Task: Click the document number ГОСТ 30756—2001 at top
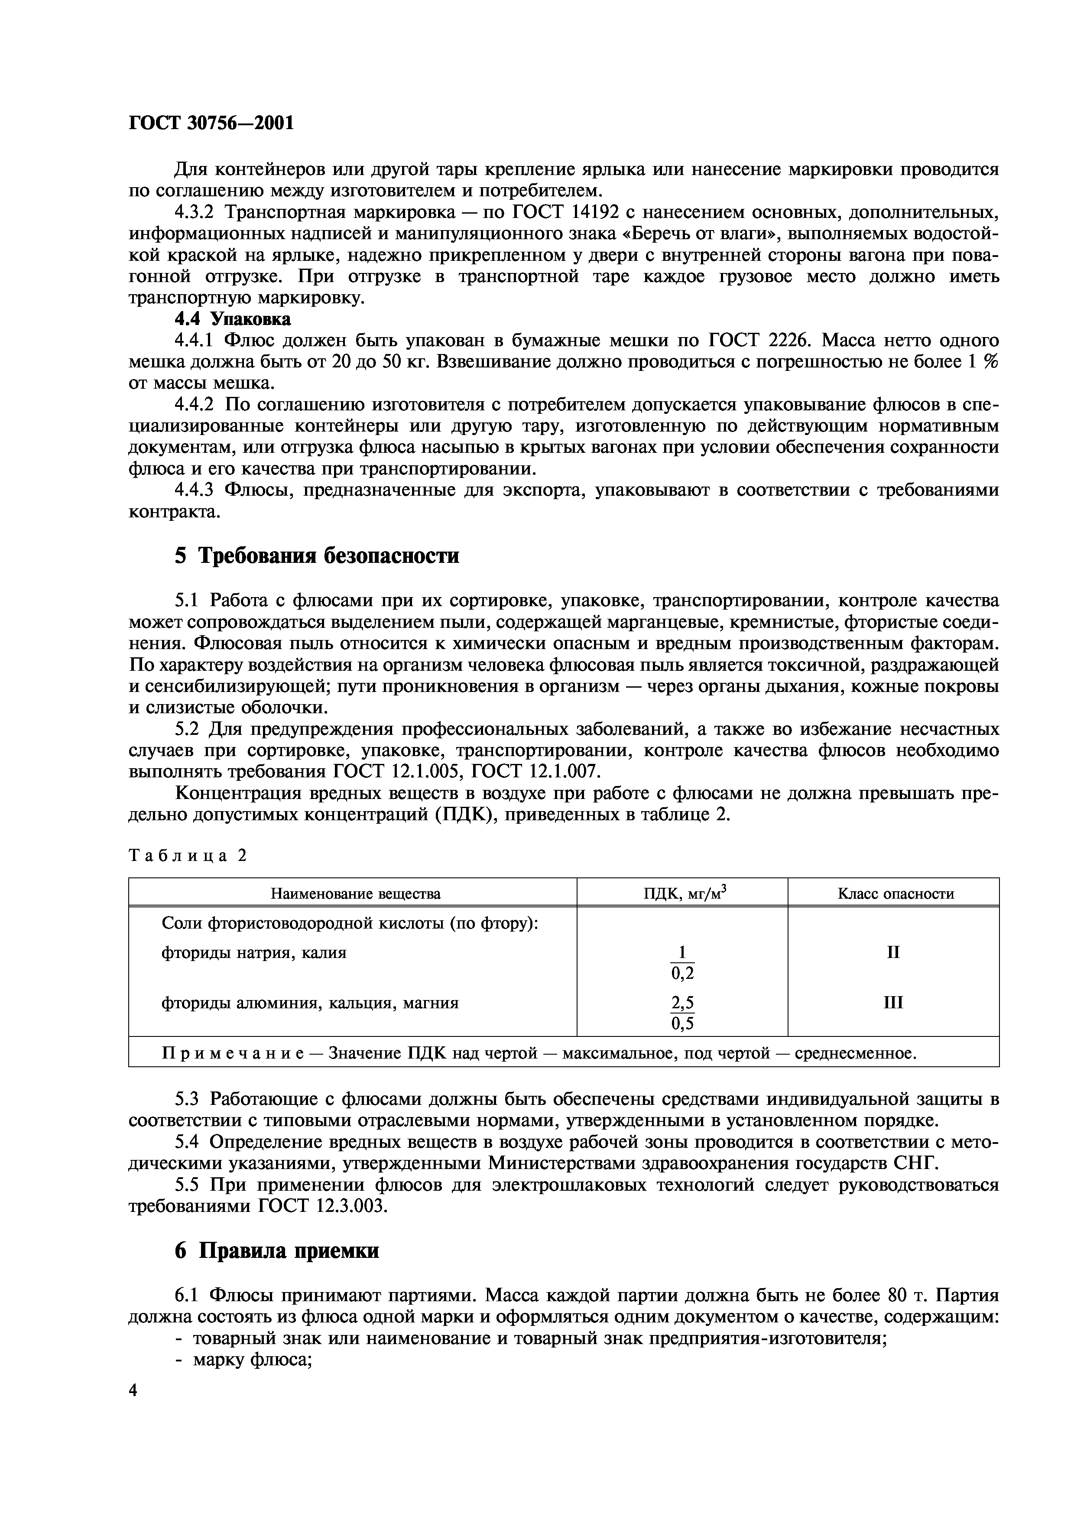coord(211,123)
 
